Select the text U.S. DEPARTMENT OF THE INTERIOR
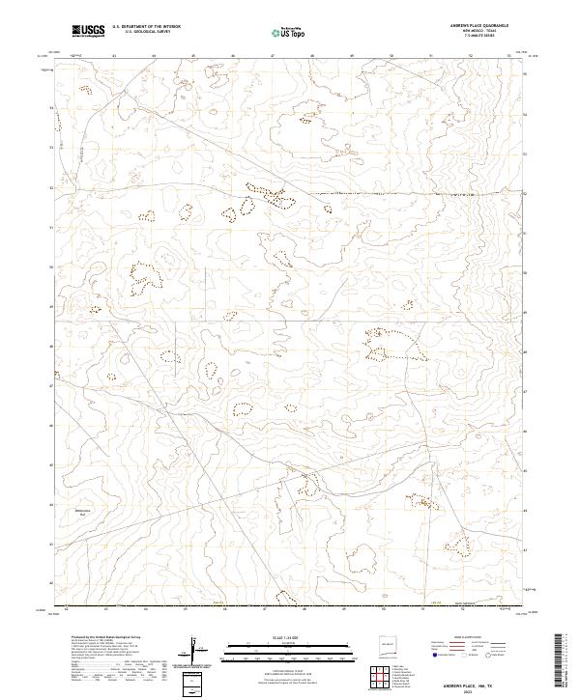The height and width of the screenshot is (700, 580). point(146,28)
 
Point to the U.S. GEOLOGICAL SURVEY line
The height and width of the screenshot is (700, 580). point(146,34)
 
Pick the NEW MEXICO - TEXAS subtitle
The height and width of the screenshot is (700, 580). point(479,34)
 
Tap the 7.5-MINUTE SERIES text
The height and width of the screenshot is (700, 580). point(479,40)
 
